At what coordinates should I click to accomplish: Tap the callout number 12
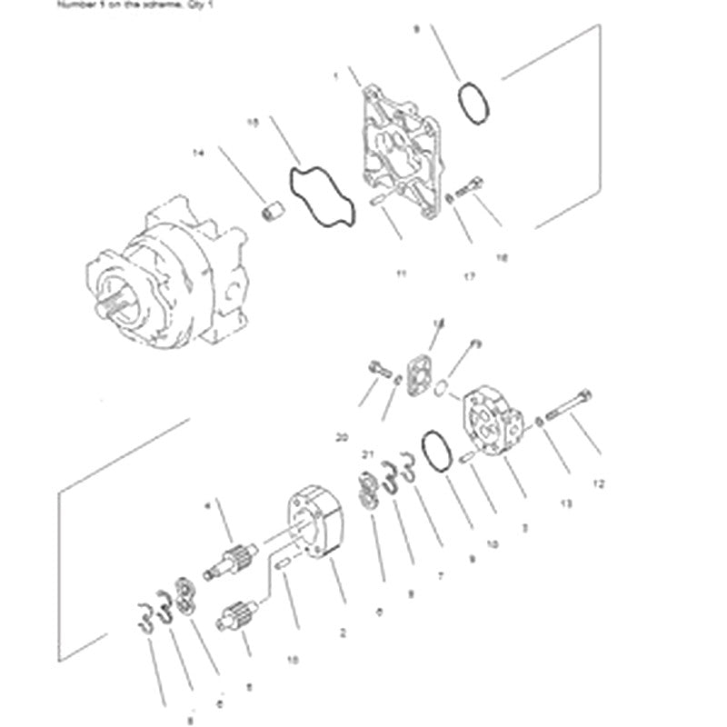pyautogui.click(x=598, y=484)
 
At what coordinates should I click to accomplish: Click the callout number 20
pyautogui.click(x=342, y=437)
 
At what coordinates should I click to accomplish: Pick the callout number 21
pyautogui.click(x=367, y=454)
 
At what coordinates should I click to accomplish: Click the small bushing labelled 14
pyautogui.click(x=269, y=213)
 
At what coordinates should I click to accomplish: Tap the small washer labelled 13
pyautogui.click(x=541, y=420)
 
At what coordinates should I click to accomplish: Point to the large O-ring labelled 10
pyautogui.click(x=435, y=451)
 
